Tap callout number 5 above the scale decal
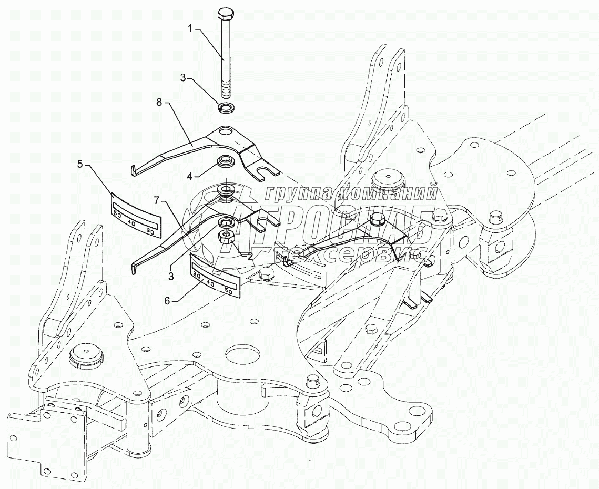79,164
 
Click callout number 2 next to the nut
250,256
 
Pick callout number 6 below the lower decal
168,301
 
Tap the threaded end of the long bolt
226,89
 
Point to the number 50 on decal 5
117,215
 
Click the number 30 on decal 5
150,230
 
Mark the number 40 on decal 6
211,284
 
